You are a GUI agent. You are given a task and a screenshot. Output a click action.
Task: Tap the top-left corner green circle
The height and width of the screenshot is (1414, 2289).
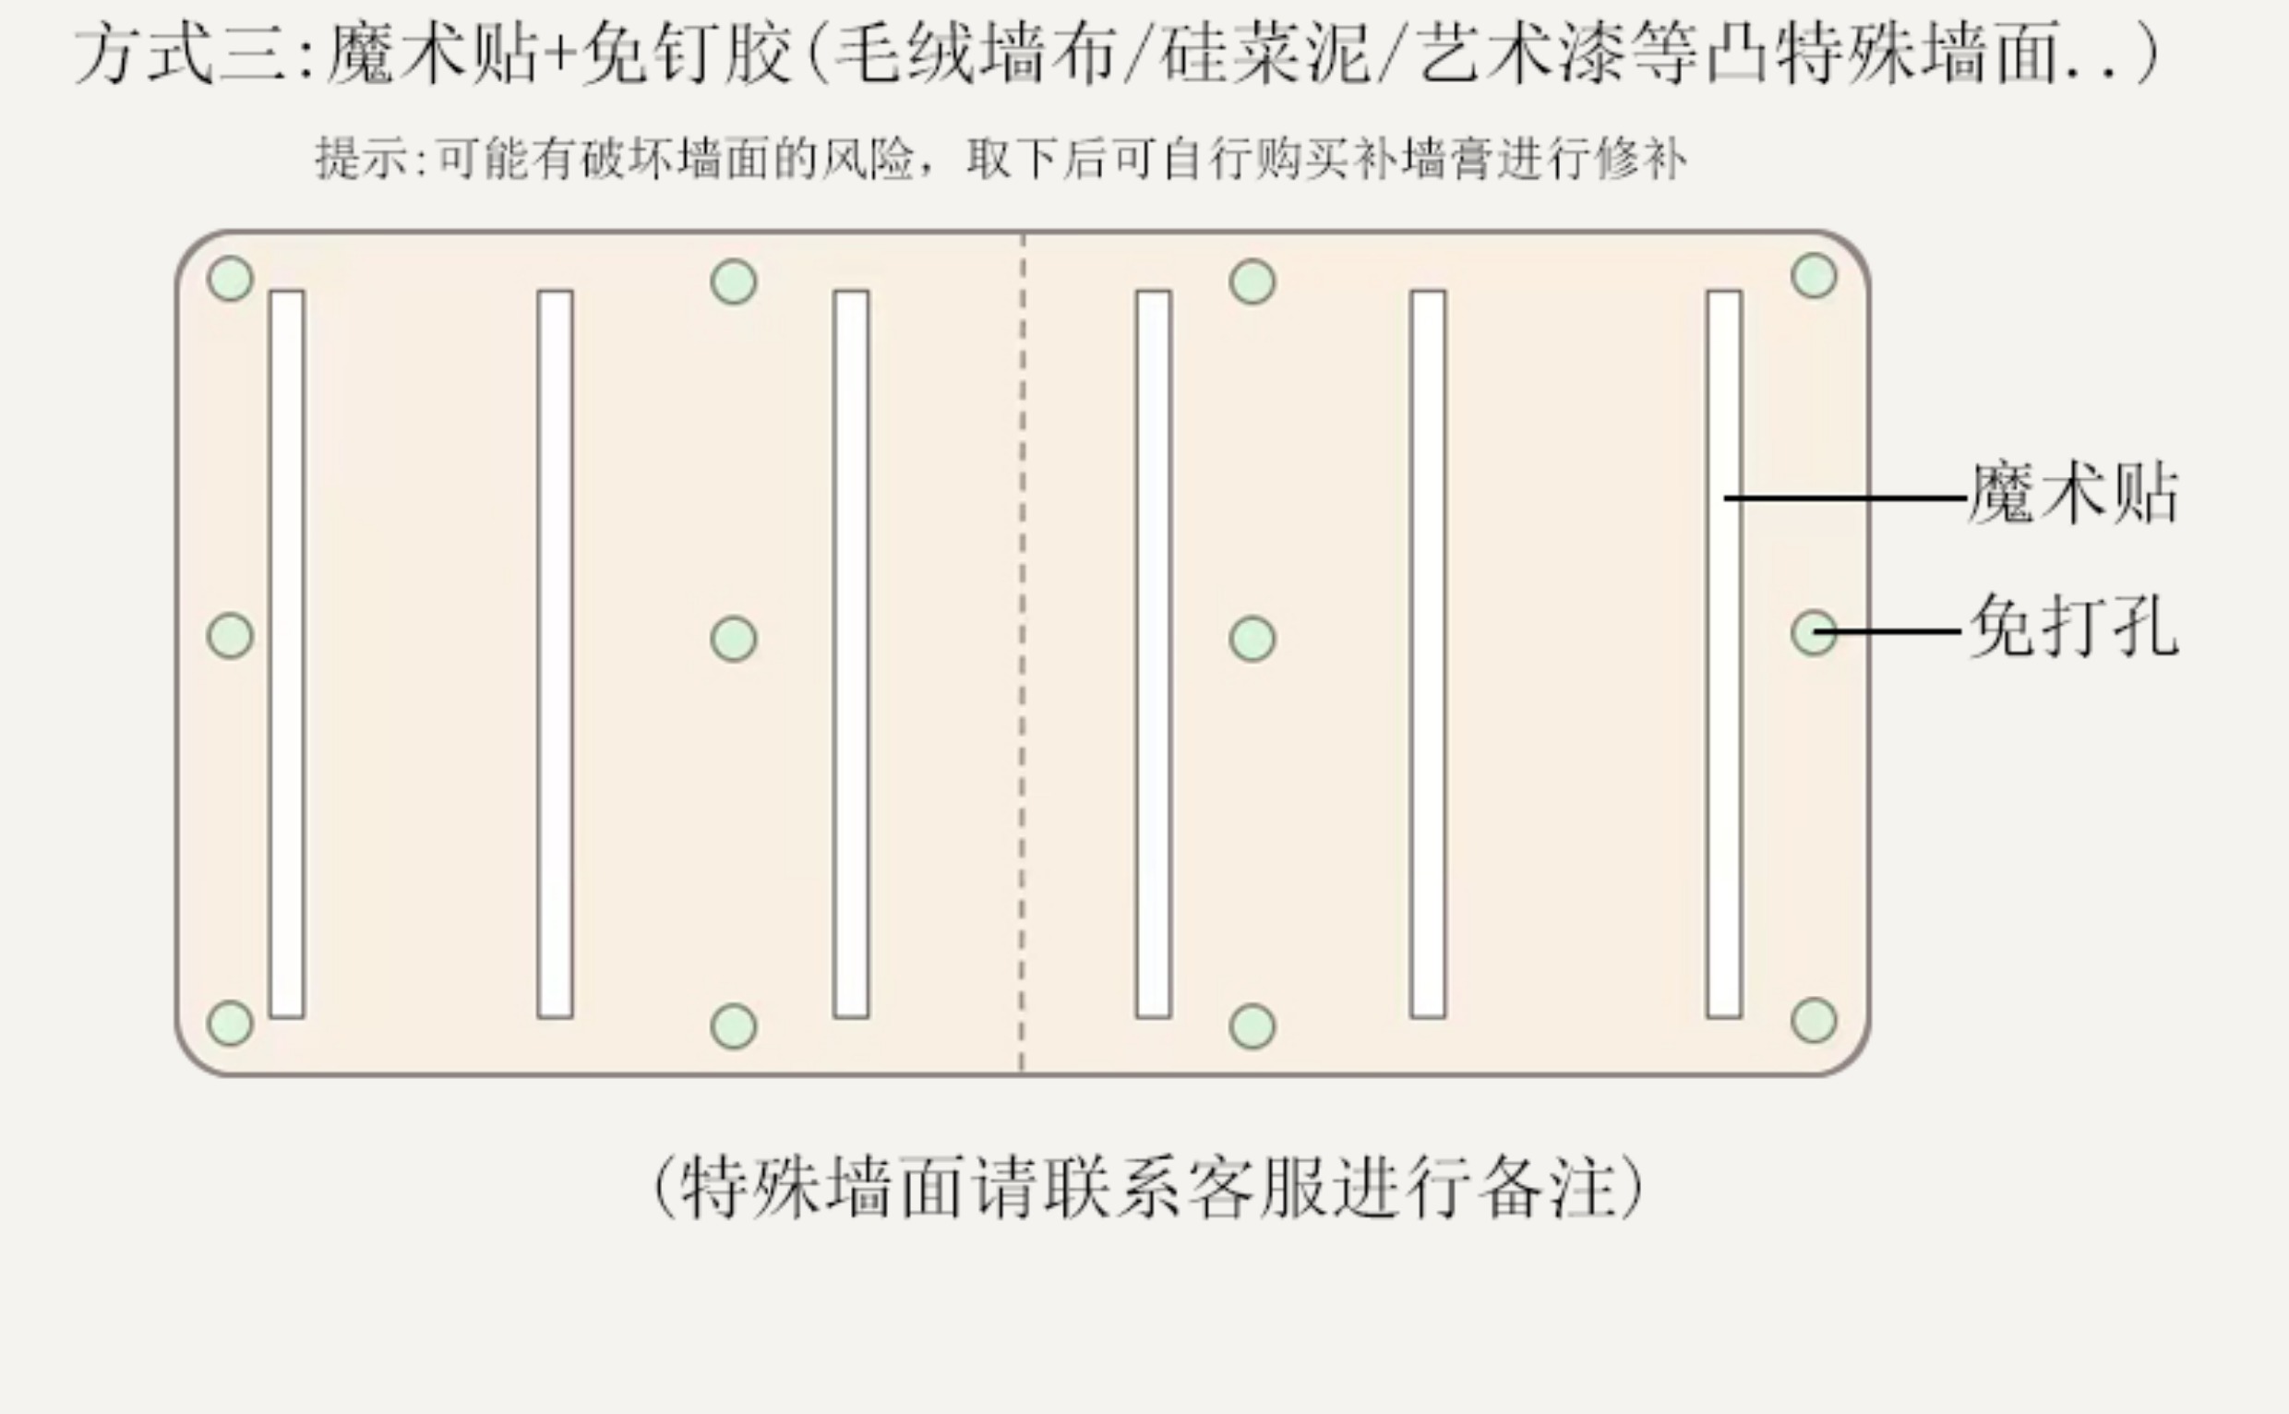230,279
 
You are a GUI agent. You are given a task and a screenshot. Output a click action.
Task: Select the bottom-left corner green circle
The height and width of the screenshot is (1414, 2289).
230,1022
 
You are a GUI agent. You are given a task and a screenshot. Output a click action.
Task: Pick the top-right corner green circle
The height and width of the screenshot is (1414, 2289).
1814,276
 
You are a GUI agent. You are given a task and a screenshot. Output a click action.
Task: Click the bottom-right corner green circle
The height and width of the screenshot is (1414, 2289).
1814,1019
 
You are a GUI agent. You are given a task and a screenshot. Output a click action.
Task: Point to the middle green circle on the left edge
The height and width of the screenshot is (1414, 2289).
230,636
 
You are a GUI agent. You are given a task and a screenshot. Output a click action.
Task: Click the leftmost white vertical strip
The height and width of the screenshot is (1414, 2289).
287,653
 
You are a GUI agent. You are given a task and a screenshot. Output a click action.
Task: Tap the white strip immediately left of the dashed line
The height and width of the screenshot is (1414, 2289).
851,653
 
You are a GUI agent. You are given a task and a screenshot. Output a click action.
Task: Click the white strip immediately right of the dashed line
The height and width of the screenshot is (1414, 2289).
1153,653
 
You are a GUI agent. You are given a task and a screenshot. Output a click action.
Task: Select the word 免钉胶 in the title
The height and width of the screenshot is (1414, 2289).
688,54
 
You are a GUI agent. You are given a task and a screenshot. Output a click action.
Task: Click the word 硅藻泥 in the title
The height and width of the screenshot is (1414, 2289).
1264,54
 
